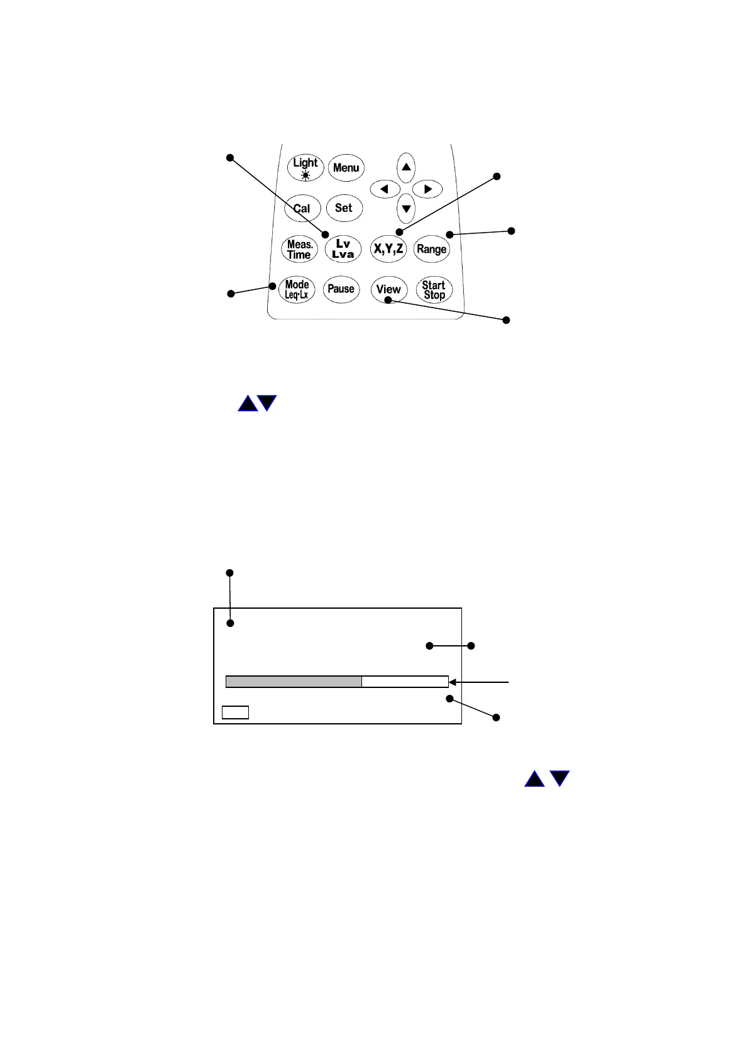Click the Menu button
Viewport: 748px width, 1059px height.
[x=346, y=168]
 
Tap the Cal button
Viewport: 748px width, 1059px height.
[x=302, y=209]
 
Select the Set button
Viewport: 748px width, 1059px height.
[x=344, y=208]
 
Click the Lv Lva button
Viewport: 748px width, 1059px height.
[x=343, y=249]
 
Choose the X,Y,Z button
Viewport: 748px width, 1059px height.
[x=388, y=249]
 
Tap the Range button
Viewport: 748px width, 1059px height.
[x=431, y=249]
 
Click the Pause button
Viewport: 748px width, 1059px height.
[x=341, y=289]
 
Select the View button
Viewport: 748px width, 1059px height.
[x=388, y=289]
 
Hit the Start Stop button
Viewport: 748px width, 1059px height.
[x=434, y=290]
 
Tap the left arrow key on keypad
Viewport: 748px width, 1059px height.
[x=385, y=189]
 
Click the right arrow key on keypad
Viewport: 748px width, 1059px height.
[x=428, y=189]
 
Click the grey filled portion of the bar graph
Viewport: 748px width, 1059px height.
[x=294, y=682]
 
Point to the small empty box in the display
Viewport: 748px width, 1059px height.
[x=235, y=712]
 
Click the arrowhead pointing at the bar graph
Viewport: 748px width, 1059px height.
[x=453, y=682]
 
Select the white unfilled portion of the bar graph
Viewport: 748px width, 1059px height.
[x=404, y=682]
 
